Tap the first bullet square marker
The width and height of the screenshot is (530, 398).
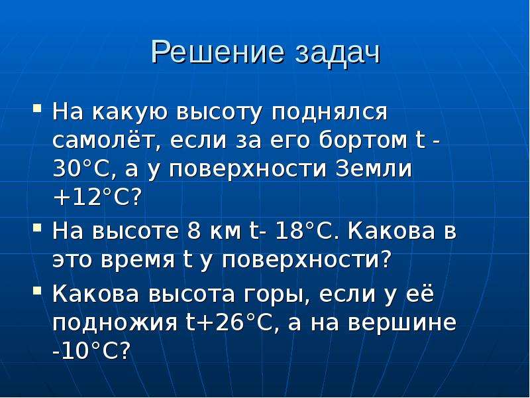tap(38, 108)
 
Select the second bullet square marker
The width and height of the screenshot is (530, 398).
tap(38, 228)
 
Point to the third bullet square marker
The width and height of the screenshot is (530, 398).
tap(38, 291)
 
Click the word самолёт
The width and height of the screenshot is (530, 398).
tap(107, 140)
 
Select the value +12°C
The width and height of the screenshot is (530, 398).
tap(96, 197)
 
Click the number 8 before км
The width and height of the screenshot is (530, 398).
tap(193, 232)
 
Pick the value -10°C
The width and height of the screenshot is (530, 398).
tap(91, 352)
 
